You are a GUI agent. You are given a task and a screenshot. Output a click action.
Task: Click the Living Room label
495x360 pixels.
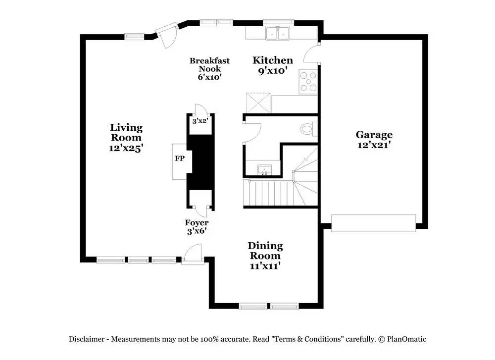tap(126, 138)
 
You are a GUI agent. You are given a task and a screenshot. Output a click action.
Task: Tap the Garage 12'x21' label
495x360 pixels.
tap(374, 140)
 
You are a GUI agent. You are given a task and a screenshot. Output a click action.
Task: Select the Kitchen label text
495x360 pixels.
tap(273, 60)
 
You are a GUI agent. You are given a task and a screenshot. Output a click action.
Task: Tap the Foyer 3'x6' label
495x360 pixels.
tap(197, 227)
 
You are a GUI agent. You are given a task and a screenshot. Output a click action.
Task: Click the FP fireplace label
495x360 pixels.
tap(180, 159)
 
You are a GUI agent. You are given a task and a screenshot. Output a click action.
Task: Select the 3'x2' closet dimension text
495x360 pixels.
tap(200, 121)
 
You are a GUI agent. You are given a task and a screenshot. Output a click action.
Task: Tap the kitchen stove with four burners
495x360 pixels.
tap(308, 82)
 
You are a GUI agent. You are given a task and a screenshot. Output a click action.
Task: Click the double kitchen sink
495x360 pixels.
tap(277, 33)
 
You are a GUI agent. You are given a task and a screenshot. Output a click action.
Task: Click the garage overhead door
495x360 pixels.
tap(373, 223)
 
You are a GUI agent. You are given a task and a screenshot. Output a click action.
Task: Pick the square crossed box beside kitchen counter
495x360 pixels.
tap(258, 102)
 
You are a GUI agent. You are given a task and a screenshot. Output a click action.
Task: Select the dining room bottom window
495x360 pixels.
tap(269, 307)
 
